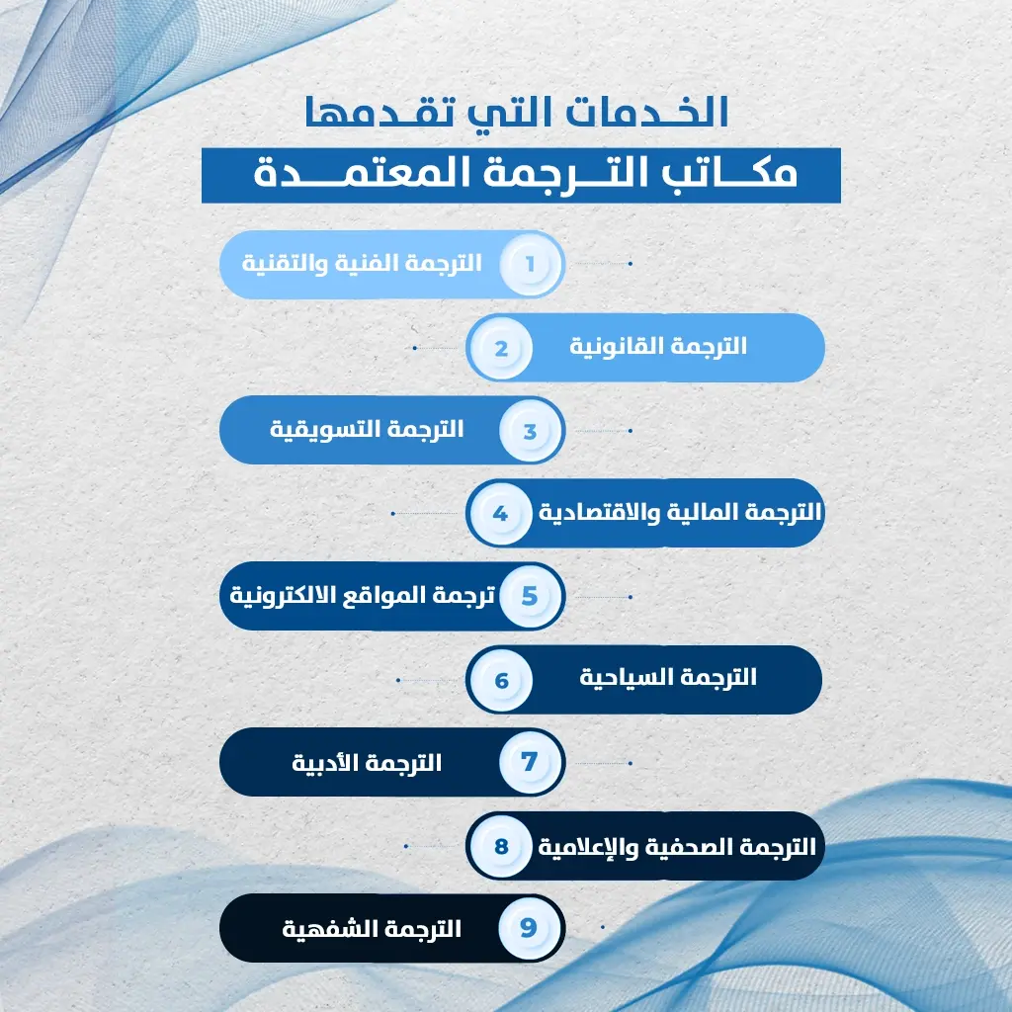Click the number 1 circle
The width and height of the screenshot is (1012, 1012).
[531, 265]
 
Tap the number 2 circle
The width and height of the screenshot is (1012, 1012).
[501, 348]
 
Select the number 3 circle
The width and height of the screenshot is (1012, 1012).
[531, 431]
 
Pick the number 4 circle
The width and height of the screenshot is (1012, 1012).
[501, 514]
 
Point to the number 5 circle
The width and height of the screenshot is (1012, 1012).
[531, 597]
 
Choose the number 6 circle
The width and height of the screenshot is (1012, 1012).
[501, 680]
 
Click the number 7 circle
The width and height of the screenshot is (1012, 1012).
[531, 763]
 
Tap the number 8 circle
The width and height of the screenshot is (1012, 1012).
[501, 847]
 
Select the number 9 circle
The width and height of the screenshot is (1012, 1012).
[531, 928]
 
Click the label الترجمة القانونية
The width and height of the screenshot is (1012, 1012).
[660, 347]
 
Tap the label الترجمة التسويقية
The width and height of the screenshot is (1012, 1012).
[367, 430]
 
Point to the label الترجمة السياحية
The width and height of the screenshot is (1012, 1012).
[669, 678]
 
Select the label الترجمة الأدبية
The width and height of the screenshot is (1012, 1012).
[367, 763]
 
